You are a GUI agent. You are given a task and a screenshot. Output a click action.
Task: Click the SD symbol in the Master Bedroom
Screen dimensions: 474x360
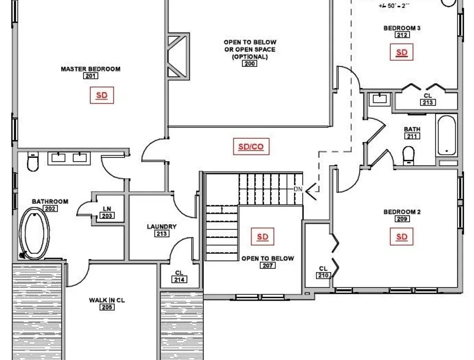pos(102,95)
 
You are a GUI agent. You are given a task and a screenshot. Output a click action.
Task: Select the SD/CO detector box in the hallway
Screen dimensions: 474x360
pos(251,146)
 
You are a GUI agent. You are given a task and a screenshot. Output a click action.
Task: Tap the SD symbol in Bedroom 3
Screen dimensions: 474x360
pos(401,52)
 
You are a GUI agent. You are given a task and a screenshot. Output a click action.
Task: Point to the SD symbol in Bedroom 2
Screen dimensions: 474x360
pos(401,237)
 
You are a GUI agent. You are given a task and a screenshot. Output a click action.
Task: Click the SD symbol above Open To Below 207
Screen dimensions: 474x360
pos(262,236)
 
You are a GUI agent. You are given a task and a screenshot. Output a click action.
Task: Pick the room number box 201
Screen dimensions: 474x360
pos(91,76)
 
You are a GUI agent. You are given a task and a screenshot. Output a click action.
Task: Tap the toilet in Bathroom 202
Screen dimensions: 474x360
pos(33,162)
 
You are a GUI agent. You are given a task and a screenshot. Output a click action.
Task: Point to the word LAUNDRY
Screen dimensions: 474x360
pos(162,226)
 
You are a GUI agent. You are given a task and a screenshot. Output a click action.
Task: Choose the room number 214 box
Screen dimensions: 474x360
pos(179,279)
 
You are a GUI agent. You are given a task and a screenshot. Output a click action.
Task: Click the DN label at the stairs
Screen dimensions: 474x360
pos(298,189)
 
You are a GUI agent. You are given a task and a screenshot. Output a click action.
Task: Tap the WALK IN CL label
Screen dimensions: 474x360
pos(107,300)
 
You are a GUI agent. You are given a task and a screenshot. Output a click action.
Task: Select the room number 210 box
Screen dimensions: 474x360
pos(323,275)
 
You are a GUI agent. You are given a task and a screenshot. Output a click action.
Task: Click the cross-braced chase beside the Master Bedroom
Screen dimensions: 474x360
pos(179,56)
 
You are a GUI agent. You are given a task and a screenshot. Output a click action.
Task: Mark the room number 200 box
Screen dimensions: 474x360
pos(250,64)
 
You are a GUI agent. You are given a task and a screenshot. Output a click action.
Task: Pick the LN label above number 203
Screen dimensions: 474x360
pos(107,209)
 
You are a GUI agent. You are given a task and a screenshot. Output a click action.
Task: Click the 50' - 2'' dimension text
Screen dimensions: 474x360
pos(394,6)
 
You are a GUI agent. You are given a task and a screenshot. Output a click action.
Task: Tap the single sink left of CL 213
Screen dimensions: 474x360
pos(380,99)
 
